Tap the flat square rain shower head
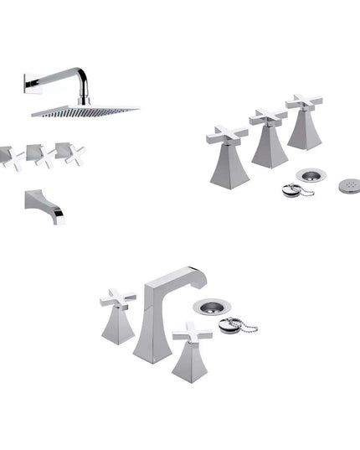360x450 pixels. pyautogui.click(x=84, y=110)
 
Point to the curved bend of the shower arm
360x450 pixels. pyautogui.click(x=82, y=80)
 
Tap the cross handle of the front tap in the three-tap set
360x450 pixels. pyautogui.click(x=227, y=134)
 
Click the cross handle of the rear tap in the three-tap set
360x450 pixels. pyautogui.click(x=304, y=102)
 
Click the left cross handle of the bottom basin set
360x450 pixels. pyautogui.click(x=116, y=298)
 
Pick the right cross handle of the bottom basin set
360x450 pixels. pyautogui.click(x=191, y=333)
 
